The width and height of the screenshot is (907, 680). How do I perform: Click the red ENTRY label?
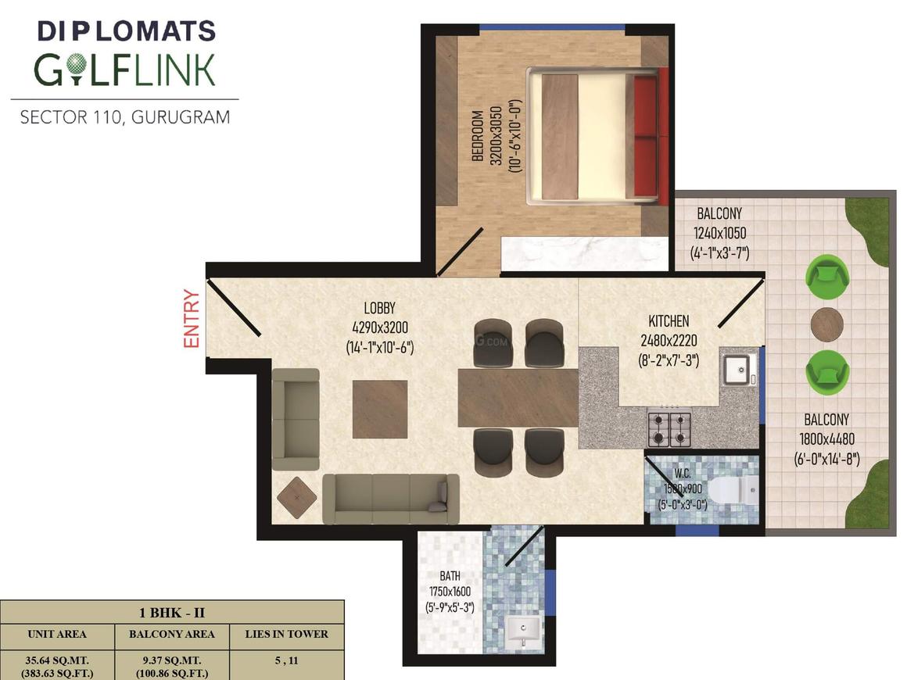pos(192,319)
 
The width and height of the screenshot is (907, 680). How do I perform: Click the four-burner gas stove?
pos(669,428)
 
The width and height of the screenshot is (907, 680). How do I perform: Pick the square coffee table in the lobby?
pos(380,409)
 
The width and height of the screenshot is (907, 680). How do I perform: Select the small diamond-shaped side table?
pos(297,496)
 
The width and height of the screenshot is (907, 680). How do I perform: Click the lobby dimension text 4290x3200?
pos(380,327)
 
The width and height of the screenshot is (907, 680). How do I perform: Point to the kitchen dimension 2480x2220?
pos(669,341)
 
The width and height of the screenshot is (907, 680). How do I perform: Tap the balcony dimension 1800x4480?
pos(826,439)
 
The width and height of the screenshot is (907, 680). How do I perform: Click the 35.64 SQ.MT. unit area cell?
pos(56,660)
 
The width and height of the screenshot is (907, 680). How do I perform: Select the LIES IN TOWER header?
pos(286,634)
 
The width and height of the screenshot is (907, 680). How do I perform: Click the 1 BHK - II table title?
pos(172,612)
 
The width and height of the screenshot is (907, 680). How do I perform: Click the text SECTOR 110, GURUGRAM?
pos(125,117)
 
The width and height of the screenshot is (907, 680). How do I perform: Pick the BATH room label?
pos(450,576)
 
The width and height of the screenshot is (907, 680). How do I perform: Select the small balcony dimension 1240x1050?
pos(719,233)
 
